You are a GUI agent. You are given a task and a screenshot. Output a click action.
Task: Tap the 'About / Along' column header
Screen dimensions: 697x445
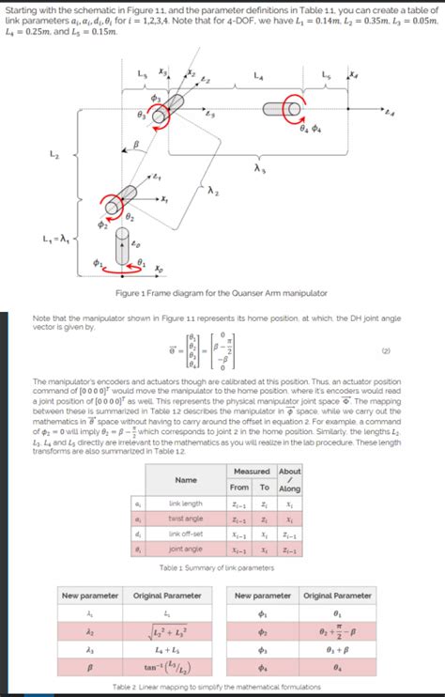click(x=290, y=480)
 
